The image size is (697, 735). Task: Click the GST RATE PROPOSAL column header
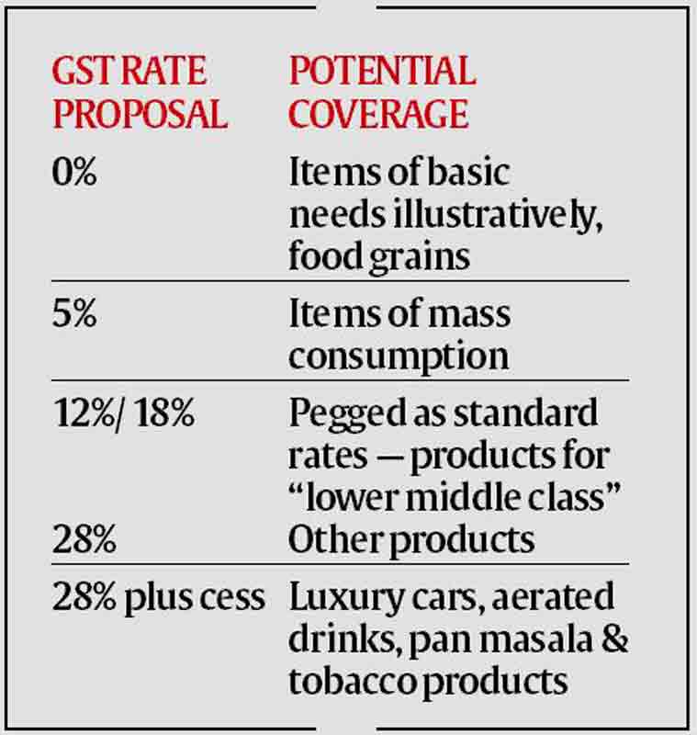coord(139,92)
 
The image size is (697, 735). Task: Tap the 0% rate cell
coord(73,173)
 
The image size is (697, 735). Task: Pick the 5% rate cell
coord(73,315)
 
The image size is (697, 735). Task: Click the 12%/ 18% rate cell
coord(123,413)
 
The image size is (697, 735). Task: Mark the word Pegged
coord(339,415)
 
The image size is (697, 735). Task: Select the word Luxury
coord(333,598)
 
